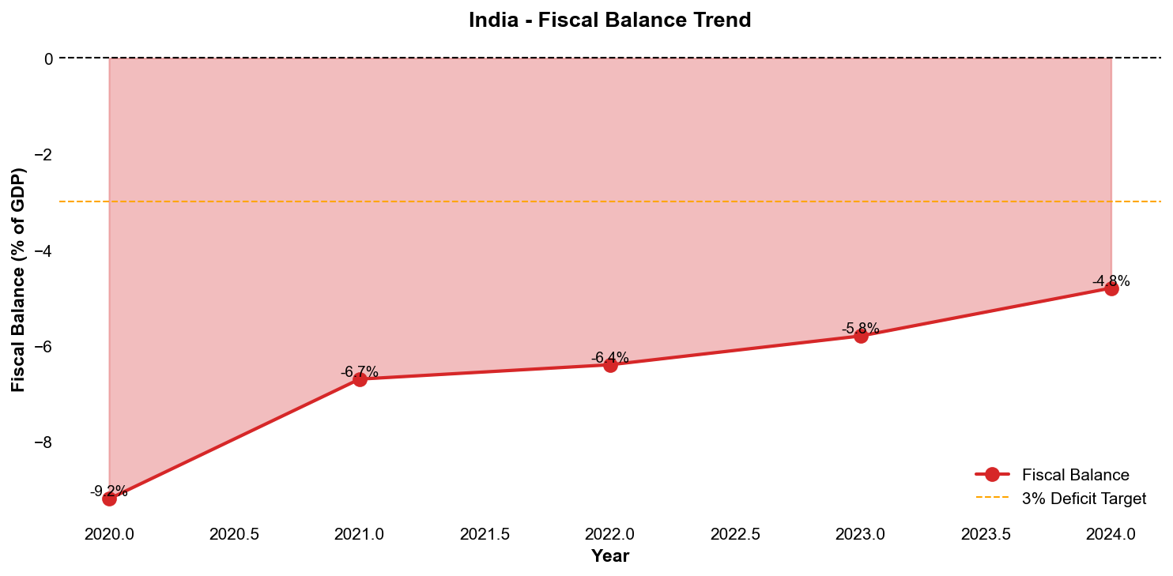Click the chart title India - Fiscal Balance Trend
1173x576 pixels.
pos(609,20)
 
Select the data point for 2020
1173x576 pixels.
pos(109,499)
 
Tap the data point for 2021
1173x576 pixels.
pos(360,379)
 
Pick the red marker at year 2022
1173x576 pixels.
pos(610,365)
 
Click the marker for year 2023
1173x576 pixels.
pos(861,336)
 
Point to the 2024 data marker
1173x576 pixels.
pos(1111,288)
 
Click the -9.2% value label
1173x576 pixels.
pos(109,491)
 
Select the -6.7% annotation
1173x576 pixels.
pos(360,371)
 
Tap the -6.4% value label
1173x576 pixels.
pos(610,357)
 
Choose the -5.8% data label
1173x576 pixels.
pos(861,328)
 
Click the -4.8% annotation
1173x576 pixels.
pos(1111,280)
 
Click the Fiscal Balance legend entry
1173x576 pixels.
pos(1075,475)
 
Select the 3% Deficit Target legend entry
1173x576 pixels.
pos(1084,499)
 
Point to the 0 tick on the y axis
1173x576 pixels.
pos(48,58)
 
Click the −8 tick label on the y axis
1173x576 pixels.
pos(43,442)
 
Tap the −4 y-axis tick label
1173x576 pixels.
pos(43,250)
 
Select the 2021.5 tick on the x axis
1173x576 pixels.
pos(485,534)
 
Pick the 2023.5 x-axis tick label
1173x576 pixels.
pos(986,534)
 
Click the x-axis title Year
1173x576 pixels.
pos(610,556)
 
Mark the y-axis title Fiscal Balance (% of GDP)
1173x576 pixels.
pos(18,279)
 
